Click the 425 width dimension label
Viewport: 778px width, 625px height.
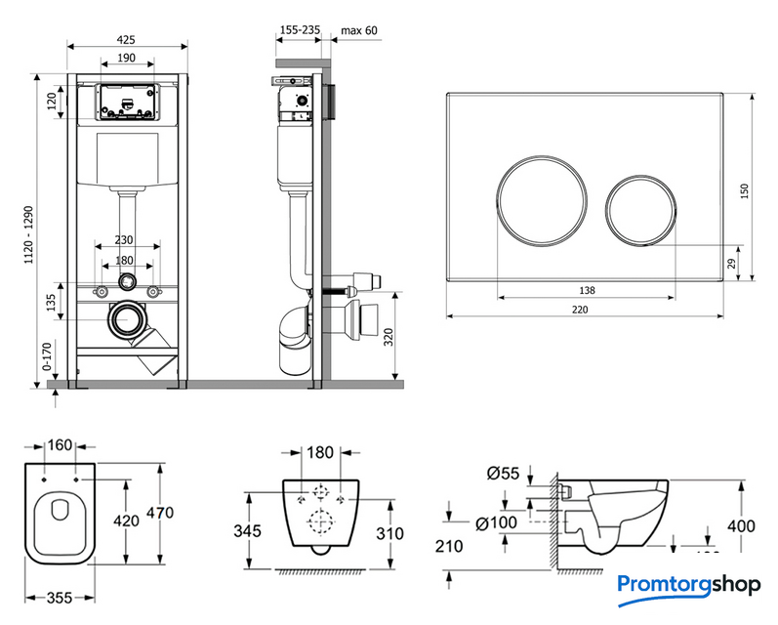click(126, 39)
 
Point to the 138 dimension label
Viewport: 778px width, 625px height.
click(586, 289)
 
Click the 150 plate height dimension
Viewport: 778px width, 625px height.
click(745, 190)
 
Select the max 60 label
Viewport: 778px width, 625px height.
click(358, 30)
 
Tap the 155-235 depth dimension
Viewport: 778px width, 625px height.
click(300, 30)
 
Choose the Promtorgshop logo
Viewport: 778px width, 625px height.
click(689, 585)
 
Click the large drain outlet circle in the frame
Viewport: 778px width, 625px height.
click(126, 319)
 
